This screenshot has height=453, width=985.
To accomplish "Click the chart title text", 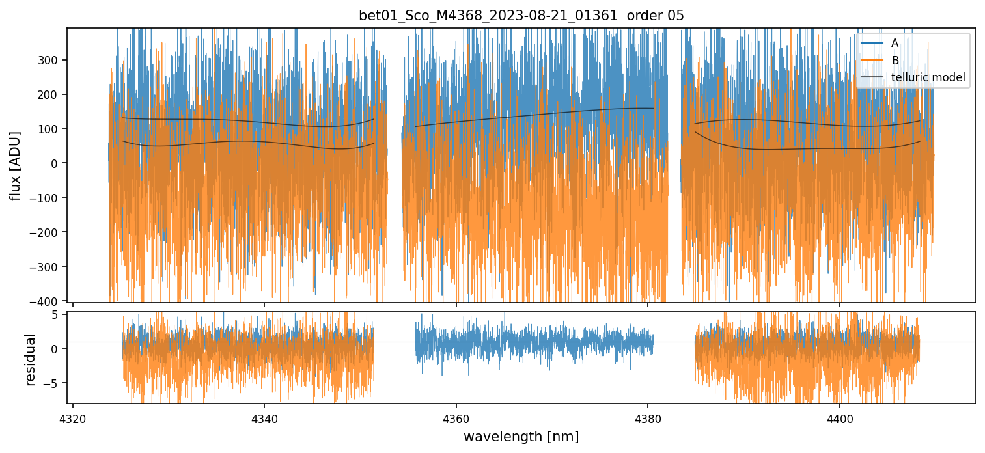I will [521, 16].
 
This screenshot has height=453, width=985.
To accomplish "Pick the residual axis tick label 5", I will [55, 315].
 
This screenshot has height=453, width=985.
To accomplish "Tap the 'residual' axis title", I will [30, 359].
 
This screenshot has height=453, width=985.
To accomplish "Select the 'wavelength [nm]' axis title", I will [521, 436].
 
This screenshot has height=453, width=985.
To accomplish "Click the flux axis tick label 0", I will [55, 163].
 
